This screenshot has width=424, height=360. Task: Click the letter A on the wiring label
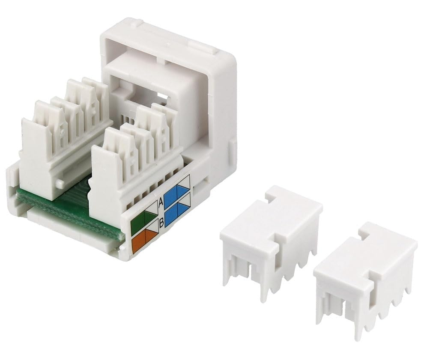[x=161, y=202]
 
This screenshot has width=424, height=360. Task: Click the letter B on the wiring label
[x=161, y=223]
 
